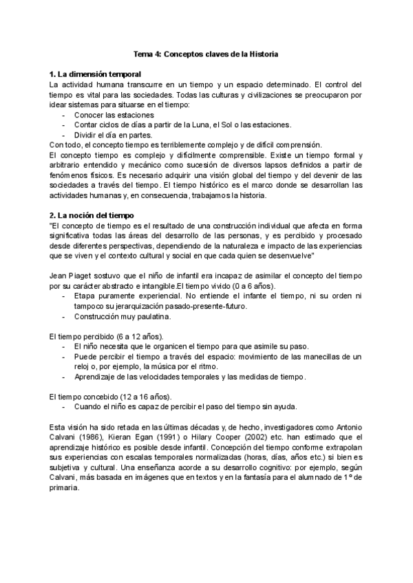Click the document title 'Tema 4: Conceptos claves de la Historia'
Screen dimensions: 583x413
(x=206, y=54)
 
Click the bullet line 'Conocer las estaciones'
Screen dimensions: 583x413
(x=114, y=115)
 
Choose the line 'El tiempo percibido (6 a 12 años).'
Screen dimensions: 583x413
(x=107, y=337)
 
